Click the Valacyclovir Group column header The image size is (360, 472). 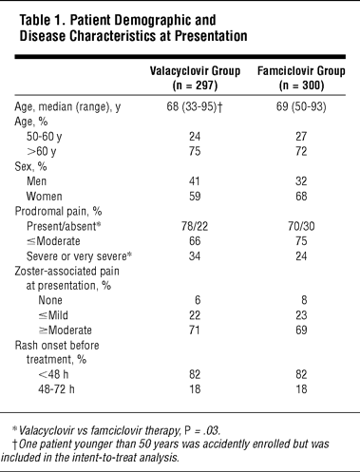(x=195, y=78)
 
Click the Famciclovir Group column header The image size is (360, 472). (x=301, y=78)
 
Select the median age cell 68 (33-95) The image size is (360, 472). (x=195, y=106)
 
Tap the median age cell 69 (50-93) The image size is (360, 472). (x=301, y=106)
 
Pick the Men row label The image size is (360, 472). (x=37, y=181)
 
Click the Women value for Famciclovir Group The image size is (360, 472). (x=301, y=197)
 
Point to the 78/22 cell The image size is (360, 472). (x=195, y=226)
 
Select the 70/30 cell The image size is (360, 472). (x=301, y=226)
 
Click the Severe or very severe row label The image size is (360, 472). (x=79, y=256)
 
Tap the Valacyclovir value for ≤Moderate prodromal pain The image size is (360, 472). (x=195, y=241)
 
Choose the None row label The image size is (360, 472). (x=50, y=300)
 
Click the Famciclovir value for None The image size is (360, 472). (x=304, y=300)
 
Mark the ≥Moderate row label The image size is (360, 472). (x=66, y=330)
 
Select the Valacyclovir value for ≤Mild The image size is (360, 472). (x=195, y=315)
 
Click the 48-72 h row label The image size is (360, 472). (x=56, y=389)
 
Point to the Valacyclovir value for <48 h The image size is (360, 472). (x=195, y=374)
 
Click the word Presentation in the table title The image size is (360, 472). (x=211, y=36)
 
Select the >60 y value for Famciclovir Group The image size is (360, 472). (x=301, y=151)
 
